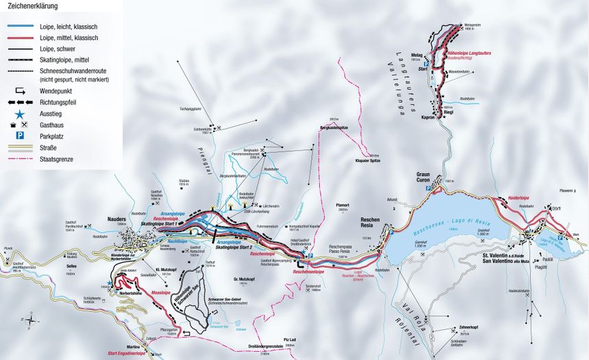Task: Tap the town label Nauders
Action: (116, 220)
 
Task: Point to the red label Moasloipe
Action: (160, 292)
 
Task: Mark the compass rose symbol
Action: (32, 318)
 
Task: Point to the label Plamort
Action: (342, 204)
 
